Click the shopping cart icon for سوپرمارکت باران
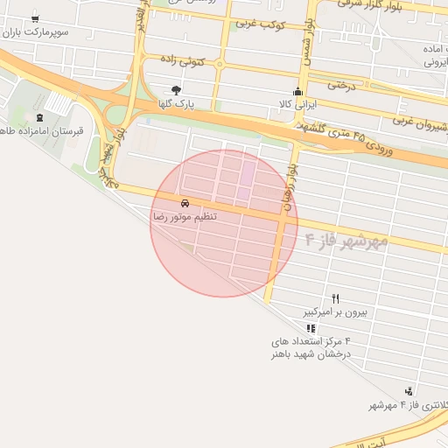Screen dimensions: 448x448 [34, 18]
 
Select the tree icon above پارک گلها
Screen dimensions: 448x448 [178, 90]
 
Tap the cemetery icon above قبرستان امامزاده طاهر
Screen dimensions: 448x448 [38, 117]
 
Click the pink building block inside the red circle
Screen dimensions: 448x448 [248, 173]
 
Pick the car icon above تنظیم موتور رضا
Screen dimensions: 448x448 [184, 202]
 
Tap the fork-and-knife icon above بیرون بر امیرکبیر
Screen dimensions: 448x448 [335, 298]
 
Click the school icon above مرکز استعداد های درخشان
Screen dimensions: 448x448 [311, 328]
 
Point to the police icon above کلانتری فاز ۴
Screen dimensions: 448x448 [409, 391]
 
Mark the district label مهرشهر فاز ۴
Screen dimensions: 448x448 [346, 238]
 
